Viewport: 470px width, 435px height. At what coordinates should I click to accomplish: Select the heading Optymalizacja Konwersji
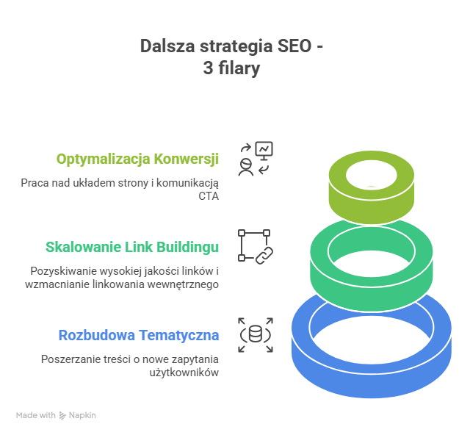click(x=138, y=159)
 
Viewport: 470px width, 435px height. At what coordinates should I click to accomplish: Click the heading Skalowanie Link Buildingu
click(x=132, y=247)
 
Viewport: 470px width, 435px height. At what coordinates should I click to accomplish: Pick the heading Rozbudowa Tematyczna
click(x=139, y=335)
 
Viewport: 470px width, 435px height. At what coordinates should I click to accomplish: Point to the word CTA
click(x=209, y=195)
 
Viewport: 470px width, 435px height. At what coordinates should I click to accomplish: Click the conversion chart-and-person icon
click(x=255, y=159)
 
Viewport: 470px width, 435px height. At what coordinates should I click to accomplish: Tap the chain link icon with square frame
click(x=255, y=246)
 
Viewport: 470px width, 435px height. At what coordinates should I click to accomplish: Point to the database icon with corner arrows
click(x=255, y=335)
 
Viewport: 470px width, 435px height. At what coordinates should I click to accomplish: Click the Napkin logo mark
click(x=63, y=415)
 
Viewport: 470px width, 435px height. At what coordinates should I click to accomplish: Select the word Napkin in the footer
click(x=83, y=415)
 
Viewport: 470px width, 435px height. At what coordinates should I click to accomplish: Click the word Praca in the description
click(x=33, y=182)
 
